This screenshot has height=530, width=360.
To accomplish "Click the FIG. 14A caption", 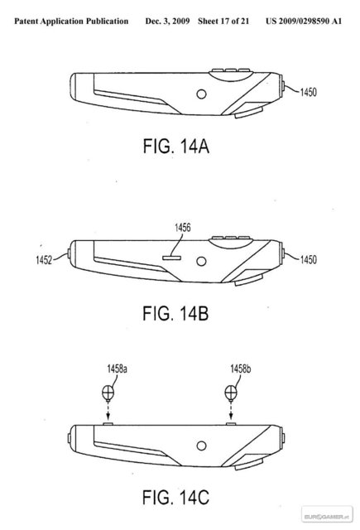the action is pyautogui.click(x=176, y=147).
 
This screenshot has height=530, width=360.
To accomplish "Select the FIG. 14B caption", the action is pyautogui.click(x=175, y=313).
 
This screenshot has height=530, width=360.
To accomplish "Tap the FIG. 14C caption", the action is pyautogui.click(x=175, y=497).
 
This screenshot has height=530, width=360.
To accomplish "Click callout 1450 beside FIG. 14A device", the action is pyautogui.click(x=309, y=92).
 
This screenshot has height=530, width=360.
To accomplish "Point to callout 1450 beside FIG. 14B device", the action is pyautogui.click(x=309, y=259).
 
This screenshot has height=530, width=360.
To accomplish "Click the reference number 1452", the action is pyautogui.click(x=44, y=260).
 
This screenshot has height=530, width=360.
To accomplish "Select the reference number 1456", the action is pyautogui.click(x=182, y=228).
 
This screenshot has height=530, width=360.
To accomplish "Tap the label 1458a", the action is pyautogui.click(x=118, y=369).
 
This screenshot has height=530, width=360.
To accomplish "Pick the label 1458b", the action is pyautogui.click(x=241, y=369).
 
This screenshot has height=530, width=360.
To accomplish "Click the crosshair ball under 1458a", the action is pyautogui.click(x=108, y=393).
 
